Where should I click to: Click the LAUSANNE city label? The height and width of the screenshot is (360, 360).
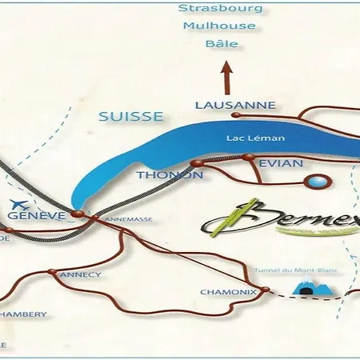tap(235, 106)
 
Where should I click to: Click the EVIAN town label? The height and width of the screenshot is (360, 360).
tap(281, 163)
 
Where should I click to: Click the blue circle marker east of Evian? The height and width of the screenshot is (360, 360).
tap(319, 182)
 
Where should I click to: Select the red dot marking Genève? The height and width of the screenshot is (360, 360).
tap(77, 214)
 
